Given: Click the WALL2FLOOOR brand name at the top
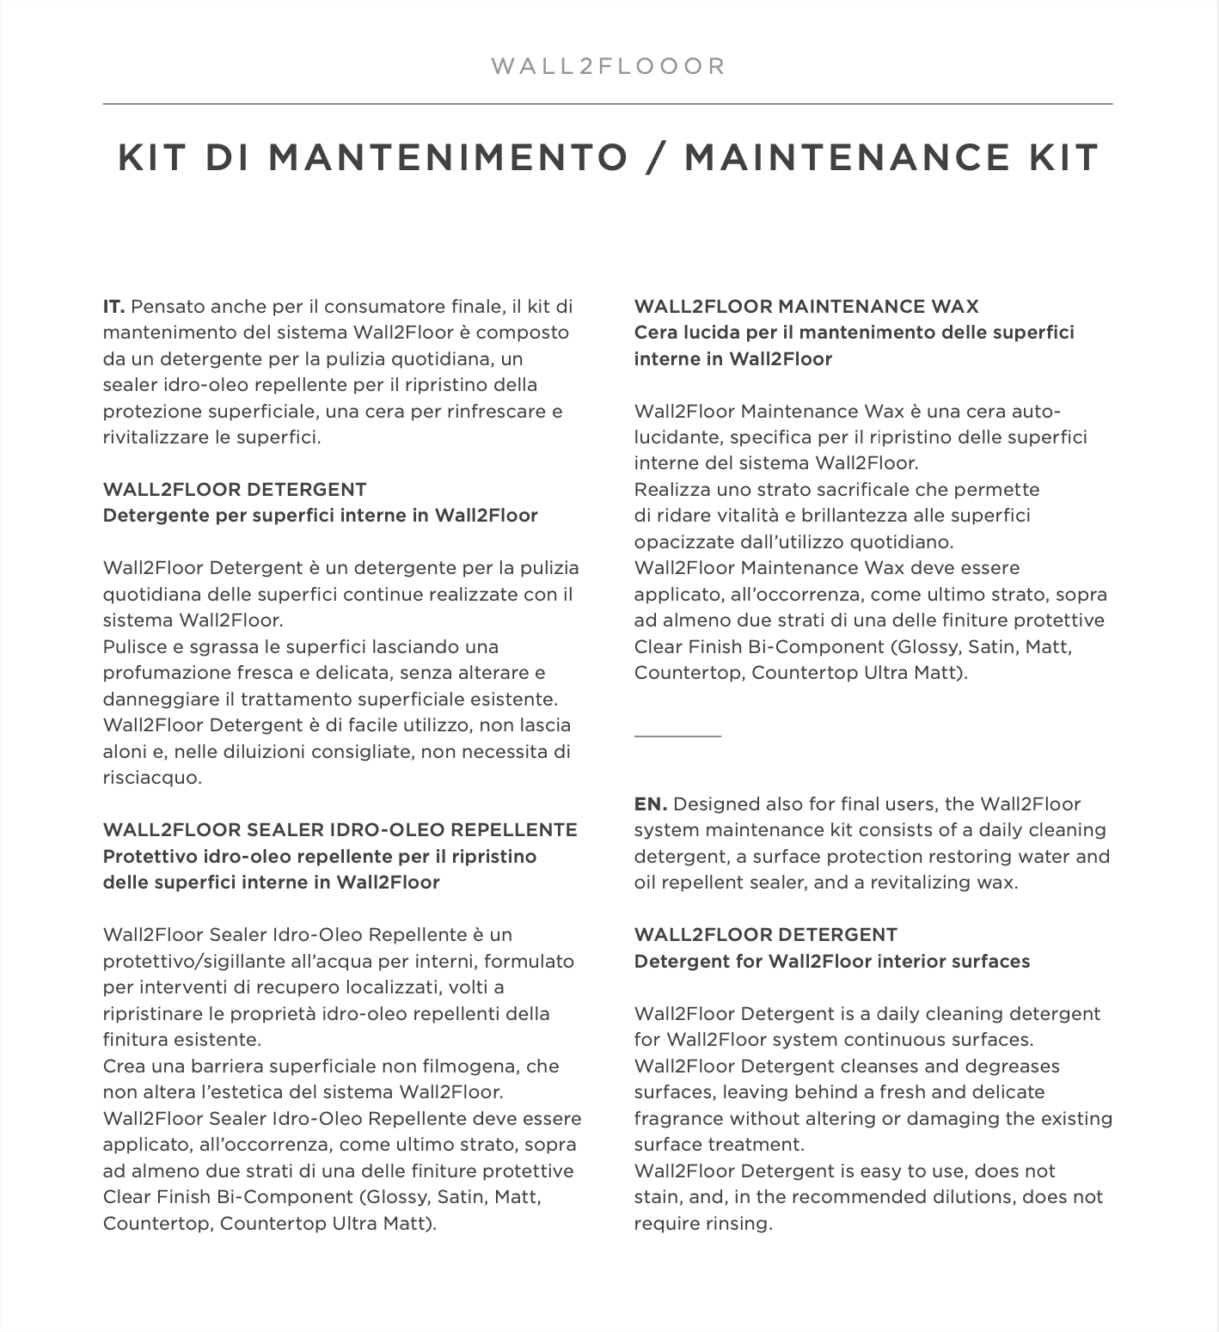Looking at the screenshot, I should (609, 66).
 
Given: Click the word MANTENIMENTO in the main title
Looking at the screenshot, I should (448, 158).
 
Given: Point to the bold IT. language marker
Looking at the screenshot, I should (114, 307).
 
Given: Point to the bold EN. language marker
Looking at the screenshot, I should (650, 804).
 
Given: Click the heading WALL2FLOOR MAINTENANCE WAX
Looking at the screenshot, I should (806, 307).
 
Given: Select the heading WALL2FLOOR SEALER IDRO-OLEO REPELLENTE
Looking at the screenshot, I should (340, 830).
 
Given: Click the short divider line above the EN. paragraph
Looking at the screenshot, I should (677, 736).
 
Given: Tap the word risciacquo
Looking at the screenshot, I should (152, 778).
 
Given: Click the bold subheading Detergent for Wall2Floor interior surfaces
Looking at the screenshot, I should (831, 962).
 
